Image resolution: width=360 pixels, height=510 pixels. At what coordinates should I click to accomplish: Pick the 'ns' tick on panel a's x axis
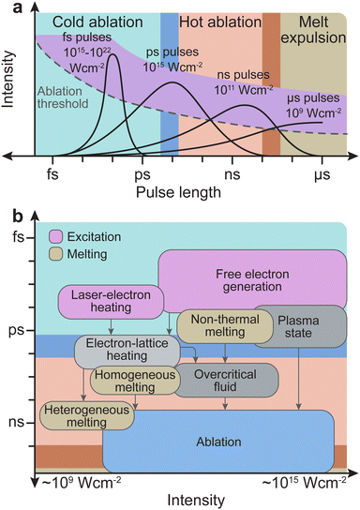(243, 172)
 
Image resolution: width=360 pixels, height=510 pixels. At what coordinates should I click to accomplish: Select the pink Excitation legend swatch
(56, 239)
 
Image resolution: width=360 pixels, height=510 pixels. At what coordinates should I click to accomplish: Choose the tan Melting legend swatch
(56, 254)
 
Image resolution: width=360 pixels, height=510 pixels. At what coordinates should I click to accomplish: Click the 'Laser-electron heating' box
(109, 302)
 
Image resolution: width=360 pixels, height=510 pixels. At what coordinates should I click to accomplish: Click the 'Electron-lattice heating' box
(126, 353)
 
